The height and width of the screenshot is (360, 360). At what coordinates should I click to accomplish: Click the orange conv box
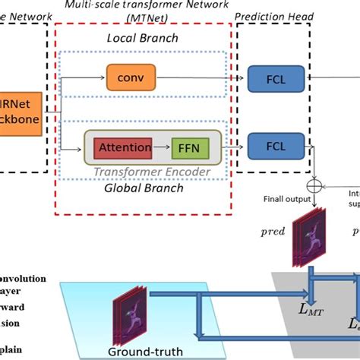click(131, 77)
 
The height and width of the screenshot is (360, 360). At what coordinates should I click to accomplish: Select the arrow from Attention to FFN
click(160, 144)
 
